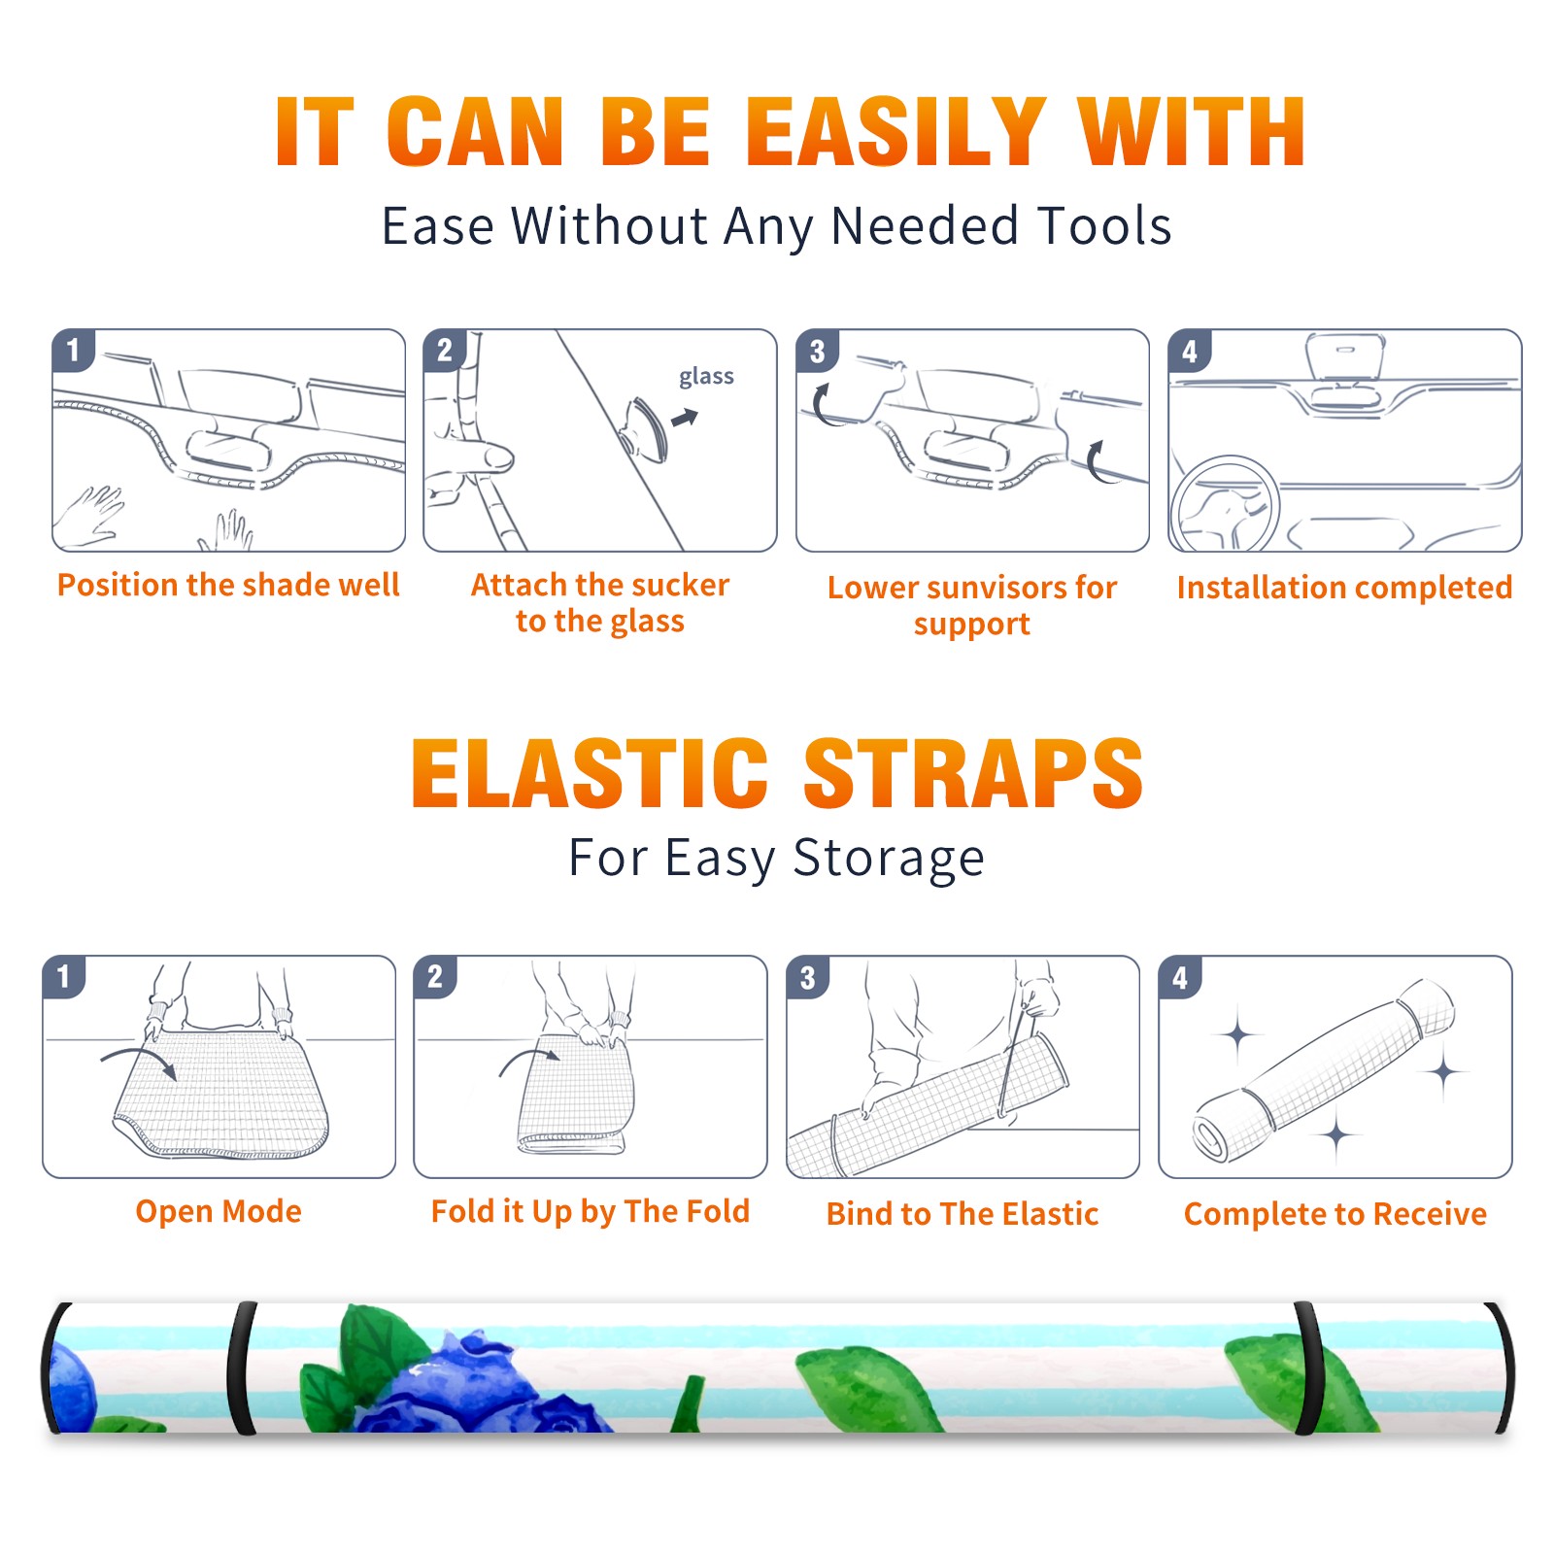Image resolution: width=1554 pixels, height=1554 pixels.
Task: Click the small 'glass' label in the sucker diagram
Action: click(x=706, y=377)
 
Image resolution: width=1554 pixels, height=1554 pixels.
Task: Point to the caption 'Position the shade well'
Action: click(x=228, y=585)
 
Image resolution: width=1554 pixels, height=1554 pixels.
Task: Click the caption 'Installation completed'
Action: click(x=1344, y=587)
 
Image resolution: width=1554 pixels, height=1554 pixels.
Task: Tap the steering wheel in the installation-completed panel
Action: click(x=1225, y=504)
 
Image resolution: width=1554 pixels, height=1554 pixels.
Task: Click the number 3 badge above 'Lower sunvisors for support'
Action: click(x=816, y=351)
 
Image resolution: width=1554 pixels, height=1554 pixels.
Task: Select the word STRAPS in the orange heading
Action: click(x=973, y=773)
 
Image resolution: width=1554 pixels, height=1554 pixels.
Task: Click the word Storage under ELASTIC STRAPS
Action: click(x=889, y=859)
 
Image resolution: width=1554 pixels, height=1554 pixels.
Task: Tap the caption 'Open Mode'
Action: click(x=219, y=1211)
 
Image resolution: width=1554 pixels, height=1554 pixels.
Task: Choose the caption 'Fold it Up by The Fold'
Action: click(x=591, y=1211)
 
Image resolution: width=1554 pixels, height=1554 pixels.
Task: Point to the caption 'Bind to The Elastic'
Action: click(x=963, y=1214)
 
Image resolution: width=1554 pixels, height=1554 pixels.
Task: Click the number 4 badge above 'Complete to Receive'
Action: click(x=1179, y=977)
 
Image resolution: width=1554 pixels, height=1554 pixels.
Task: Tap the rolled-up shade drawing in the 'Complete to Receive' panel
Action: click(x=1323, y=1071)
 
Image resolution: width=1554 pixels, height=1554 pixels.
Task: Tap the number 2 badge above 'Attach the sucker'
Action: click(x=444, y=351)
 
